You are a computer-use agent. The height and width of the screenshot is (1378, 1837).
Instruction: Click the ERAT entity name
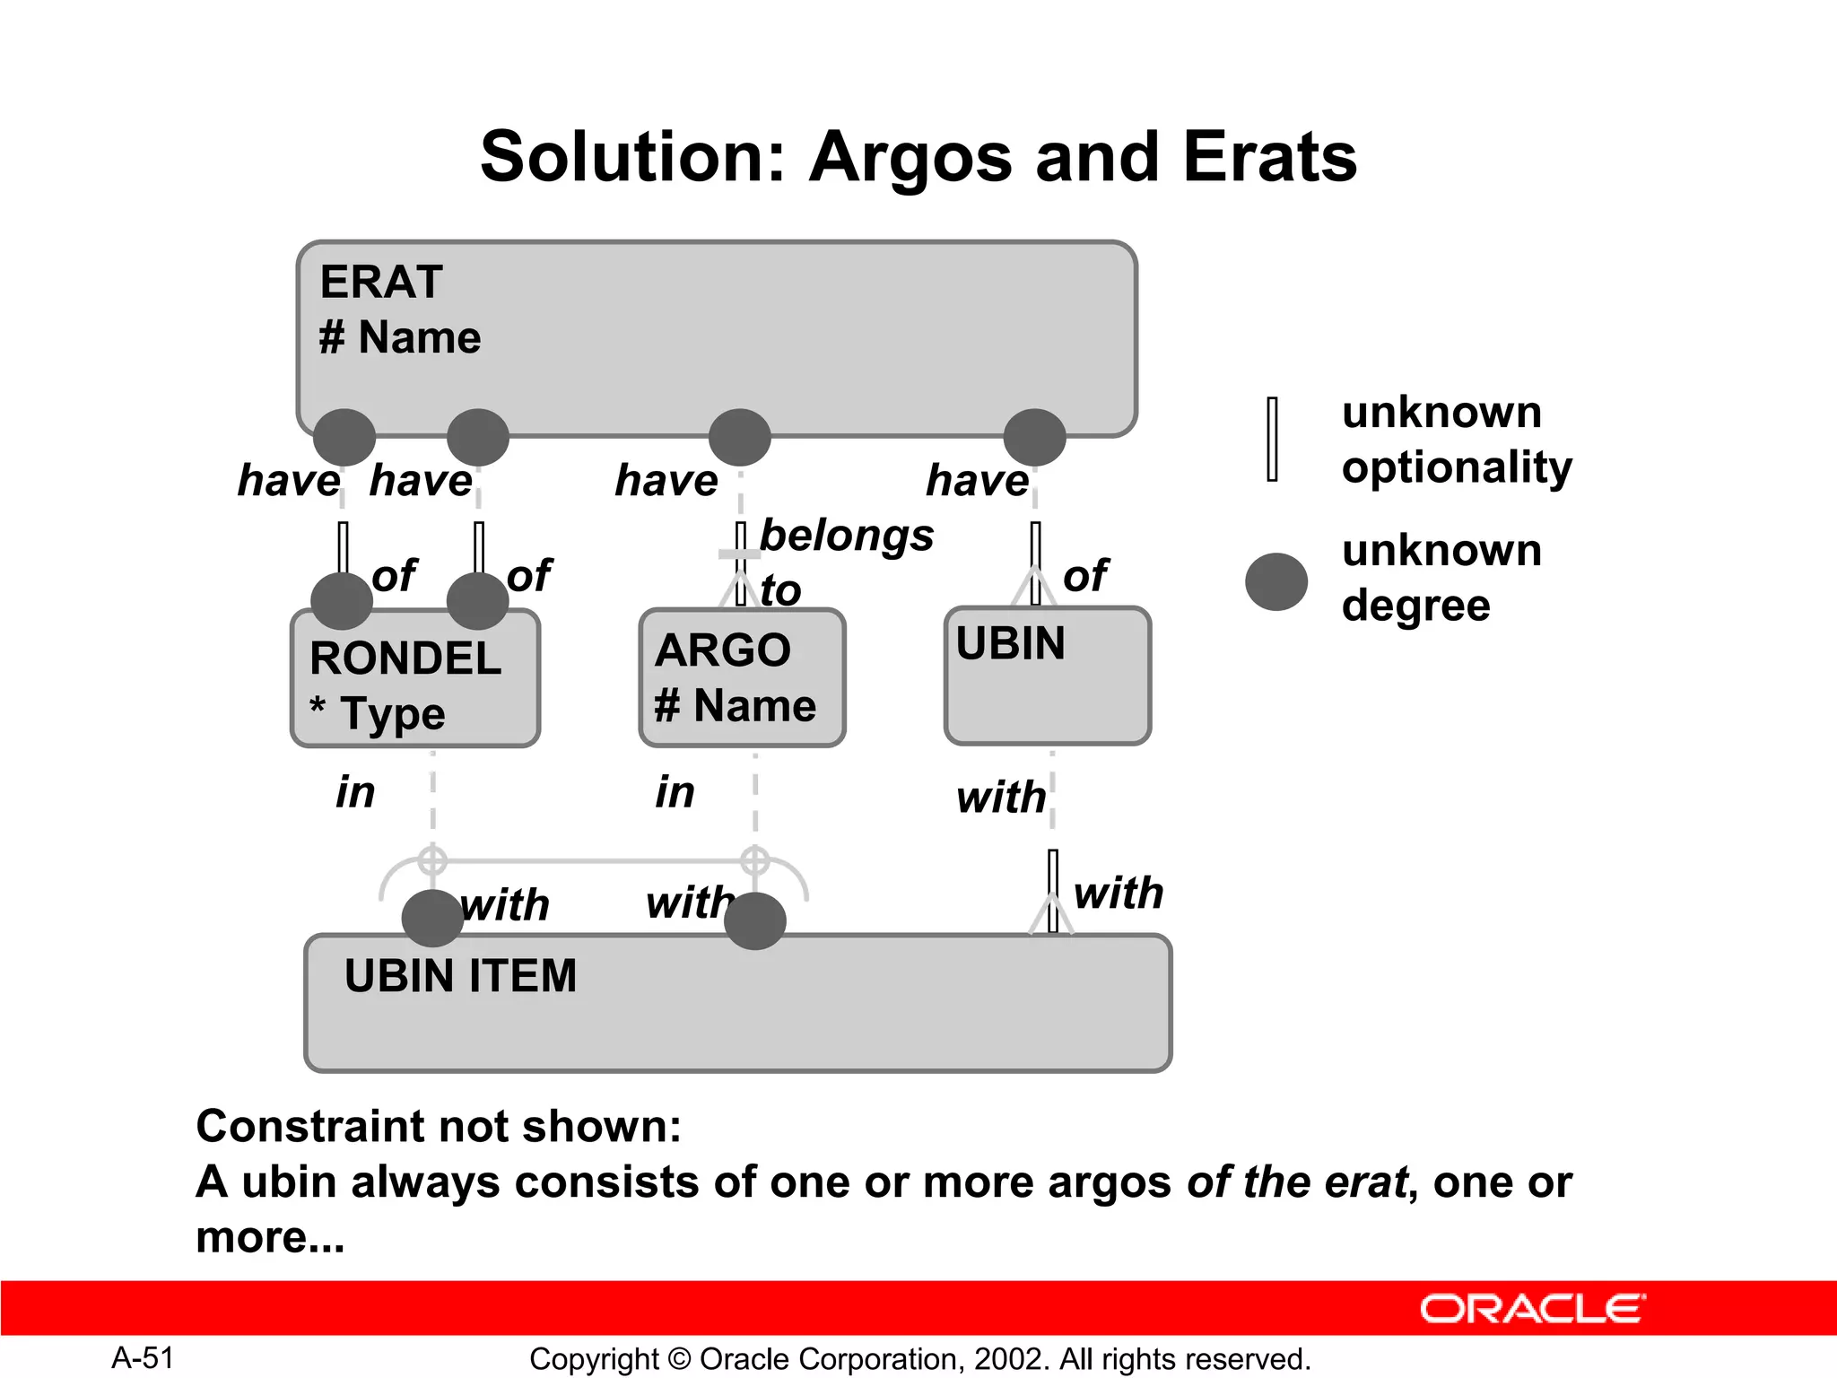tap(381, 282)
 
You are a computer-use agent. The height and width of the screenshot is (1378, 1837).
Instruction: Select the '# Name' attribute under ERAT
tap(400, 338)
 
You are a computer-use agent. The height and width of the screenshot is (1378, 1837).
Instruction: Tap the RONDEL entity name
tap(405, 658)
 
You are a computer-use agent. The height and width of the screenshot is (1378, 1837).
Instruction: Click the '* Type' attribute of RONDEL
tap(378, 714)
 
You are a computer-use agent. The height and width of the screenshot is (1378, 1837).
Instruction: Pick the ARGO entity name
tap(723, 650)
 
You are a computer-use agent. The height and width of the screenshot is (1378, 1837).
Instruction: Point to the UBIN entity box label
tap(1010, 643)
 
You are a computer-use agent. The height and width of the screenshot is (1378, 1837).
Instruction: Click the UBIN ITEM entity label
tap(460, 976)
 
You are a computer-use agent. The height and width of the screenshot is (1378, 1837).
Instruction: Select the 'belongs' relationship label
tap(847, 536)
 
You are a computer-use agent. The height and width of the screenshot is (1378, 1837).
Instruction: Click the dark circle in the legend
tap(1275, 581)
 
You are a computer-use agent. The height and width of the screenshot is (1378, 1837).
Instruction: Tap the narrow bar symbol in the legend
tap(1272, 440)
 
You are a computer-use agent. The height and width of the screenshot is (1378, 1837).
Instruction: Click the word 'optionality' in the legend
tap(1457, 468)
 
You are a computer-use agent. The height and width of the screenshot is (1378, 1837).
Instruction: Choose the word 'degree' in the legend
tap(1415, 606)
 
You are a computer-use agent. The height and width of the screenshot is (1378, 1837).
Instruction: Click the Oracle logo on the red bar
tap(1532, 1309)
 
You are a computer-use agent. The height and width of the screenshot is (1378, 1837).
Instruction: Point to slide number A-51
tap(143, 1358)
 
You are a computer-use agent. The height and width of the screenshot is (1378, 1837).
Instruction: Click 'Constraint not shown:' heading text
tap(439, 1126)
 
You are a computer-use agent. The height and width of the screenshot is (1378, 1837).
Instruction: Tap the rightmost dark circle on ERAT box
tap(1034, 438)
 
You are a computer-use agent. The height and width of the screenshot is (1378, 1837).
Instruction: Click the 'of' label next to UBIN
tap(1085, 575)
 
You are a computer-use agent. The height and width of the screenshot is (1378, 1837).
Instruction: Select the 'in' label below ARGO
tap(675, 792)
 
